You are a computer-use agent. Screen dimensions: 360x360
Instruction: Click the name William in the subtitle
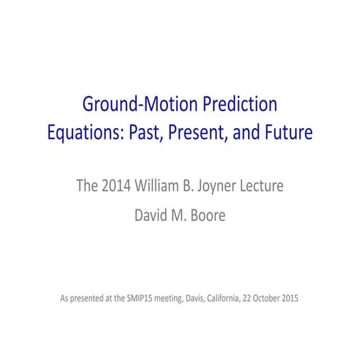pyautogui.click(x=154, y=184)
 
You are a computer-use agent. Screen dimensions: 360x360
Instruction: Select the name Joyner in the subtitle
pyautogui.click(x=217, y=185)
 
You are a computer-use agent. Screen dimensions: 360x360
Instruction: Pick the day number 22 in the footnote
pyautogui.click(x=255, y=298)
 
